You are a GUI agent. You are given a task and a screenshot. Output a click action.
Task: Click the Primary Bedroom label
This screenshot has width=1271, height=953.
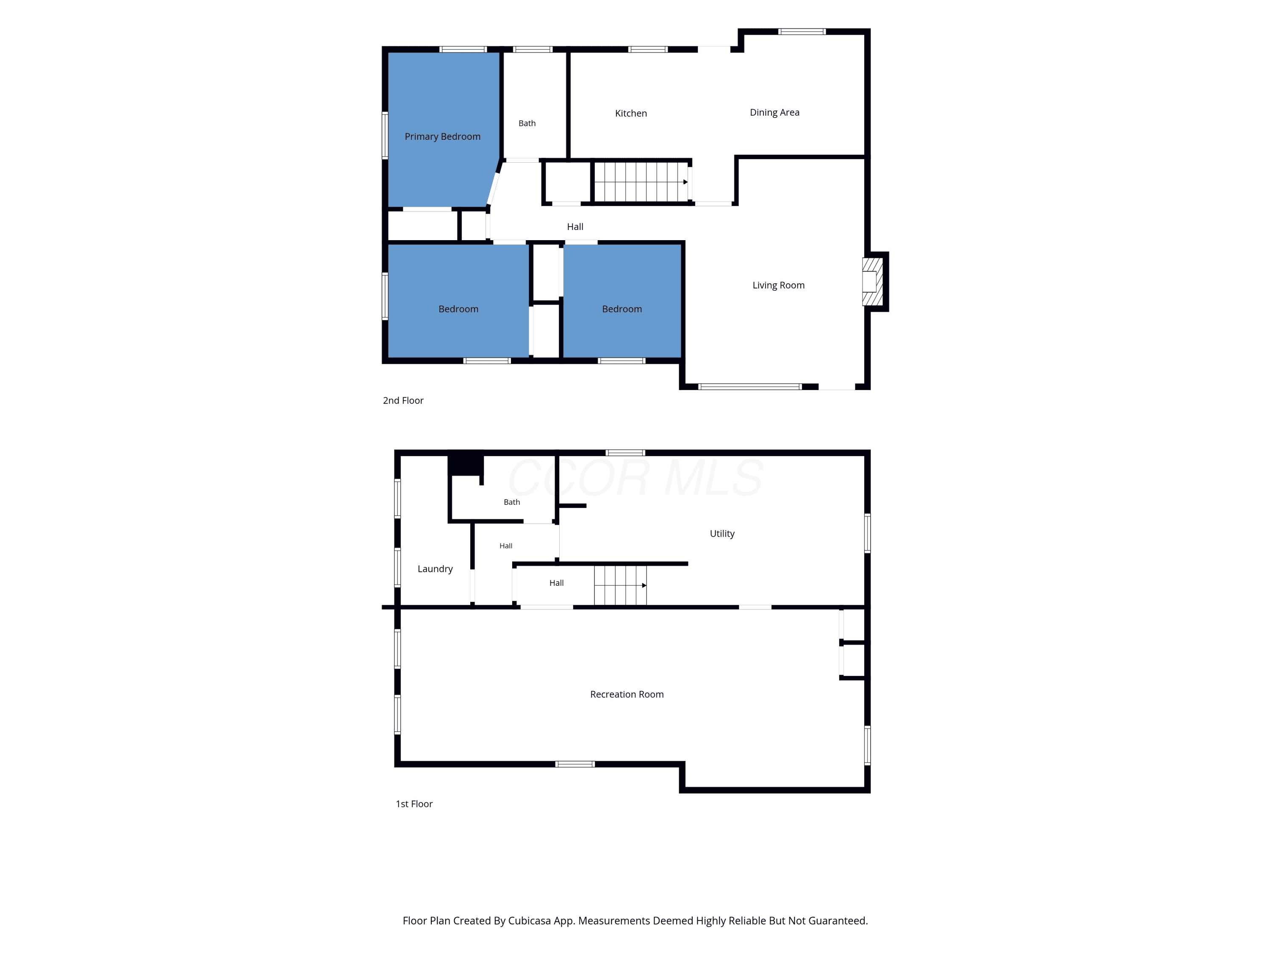click(442, 137)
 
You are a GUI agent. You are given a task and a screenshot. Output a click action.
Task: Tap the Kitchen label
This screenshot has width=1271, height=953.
click(631, 113)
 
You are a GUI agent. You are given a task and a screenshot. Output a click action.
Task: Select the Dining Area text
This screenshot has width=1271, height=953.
click(774, 113)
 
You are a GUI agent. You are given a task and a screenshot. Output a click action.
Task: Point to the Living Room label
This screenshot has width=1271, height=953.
click(779, 285)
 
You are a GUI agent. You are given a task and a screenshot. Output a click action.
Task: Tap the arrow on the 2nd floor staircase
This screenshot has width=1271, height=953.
click(685, 182)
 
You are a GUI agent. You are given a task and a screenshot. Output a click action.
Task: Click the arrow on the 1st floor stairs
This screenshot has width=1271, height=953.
click(644, 585)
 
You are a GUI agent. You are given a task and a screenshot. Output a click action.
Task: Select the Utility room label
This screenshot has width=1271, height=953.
click(722, 534)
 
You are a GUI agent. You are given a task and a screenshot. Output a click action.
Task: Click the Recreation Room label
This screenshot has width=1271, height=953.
click(627, 695)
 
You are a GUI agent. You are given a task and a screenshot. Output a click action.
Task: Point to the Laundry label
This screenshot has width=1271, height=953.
click(435, 569)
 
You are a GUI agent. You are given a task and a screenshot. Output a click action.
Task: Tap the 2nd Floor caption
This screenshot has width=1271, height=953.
click(403, 400)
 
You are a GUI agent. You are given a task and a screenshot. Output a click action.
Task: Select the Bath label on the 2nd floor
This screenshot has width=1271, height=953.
click(527, 124)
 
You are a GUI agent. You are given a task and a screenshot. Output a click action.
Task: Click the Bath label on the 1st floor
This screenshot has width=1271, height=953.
click(512, 502)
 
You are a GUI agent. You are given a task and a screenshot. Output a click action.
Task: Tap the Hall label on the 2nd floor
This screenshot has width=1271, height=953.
click(575, 227)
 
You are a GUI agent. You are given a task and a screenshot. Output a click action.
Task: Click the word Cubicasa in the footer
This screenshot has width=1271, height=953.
click(530, 921)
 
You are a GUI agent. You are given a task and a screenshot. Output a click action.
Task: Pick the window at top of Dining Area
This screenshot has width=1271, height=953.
click(802, 32)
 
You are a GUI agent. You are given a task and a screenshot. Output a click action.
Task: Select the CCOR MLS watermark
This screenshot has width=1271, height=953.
click(635, 478)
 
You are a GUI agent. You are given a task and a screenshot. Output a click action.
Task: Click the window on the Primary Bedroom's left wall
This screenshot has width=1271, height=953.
click(385, 135)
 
